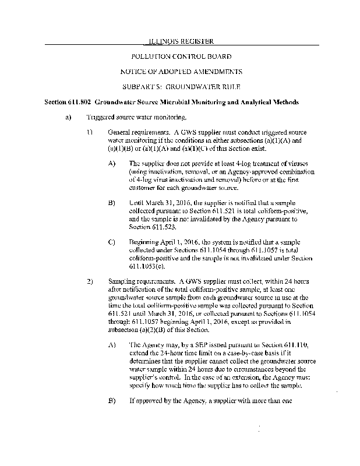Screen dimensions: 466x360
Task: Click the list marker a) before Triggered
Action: point(68,117)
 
